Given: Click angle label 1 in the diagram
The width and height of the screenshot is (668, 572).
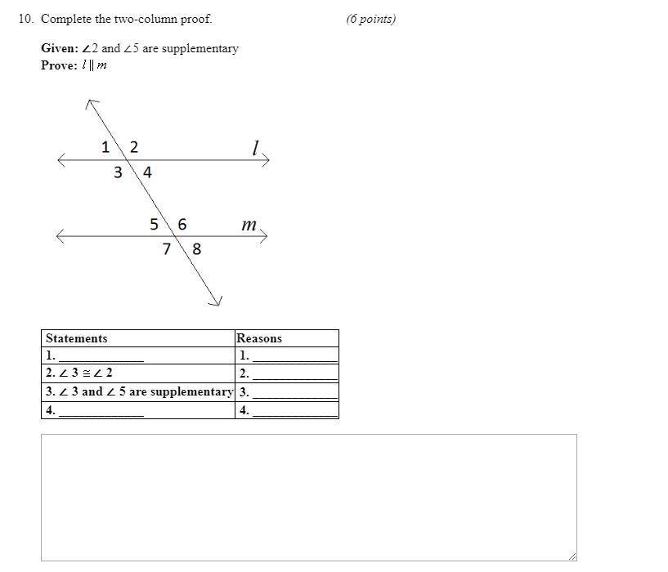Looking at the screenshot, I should [105, 147].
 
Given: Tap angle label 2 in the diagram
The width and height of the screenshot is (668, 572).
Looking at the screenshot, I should [134, 147].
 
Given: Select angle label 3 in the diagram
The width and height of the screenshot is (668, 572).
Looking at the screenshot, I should [118, 172].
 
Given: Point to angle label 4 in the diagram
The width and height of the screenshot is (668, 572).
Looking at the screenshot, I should [147, 172].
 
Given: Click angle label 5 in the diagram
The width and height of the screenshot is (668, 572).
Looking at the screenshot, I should [154, 224].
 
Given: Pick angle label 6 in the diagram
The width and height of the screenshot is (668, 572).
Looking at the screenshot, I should [182, 224].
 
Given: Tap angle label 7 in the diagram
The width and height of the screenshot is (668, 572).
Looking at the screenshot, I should [167, 248].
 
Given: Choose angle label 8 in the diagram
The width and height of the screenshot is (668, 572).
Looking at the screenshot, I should [196, 248].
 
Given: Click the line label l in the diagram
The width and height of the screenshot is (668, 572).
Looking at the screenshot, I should [255, 147].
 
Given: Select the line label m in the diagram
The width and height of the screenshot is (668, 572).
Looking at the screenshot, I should [249, 224].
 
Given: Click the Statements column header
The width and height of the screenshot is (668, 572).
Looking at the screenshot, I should [77, 338].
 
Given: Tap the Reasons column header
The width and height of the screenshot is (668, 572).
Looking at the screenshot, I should [259, 338].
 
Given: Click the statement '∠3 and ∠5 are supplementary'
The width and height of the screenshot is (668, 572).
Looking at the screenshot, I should [139, 391].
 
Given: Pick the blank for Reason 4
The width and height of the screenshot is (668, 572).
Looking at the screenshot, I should [295, 411].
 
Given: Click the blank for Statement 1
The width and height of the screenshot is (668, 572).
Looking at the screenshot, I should [101, 356].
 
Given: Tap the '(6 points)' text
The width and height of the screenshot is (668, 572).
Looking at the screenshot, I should [370, 19].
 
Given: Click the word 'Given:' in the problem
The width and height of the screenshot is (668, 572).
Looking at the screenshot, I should [60, 48].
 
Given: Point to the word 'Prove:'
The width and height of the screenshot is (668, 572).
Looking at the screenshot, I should [59, 65].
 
